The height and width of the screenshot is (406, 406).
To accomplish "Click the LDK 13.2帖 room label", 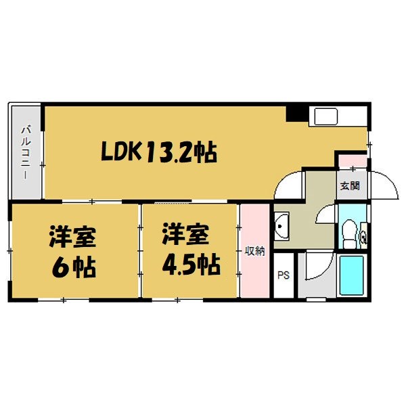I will (x=160, y=153).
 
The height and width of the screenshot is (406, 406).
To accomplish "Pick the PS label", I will (x=283, y=275).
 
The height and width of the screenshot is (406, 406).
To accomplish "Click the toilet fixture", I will (x=348, y=233).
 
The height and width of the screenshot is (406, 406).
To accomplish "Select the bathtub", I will (x=352, y=275).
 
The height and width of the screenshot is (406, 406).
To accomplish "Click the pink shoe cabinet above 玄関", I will (x=352, y=162).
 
